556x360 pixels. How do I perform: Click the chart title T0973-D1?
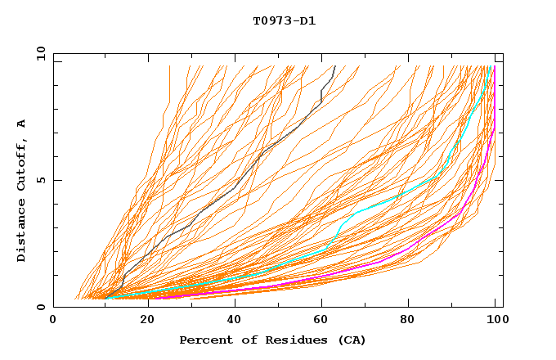(284, 21)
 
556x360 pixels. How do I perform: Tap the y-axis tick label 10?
(40, 52)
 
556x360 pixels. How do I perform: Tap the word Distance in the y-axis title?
(22, 233)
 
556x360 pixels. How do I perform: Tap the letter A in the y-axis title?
(22, 124)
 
